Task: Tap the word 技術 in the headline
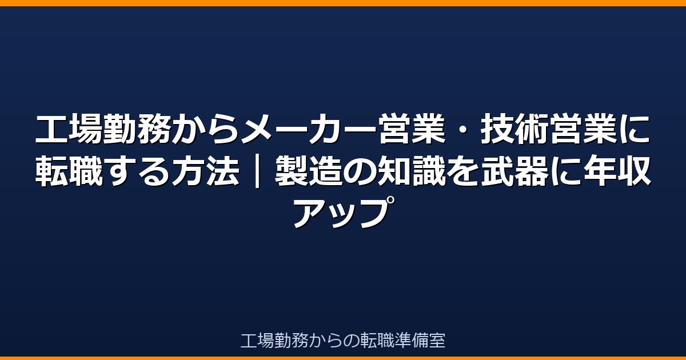(x=513, y=129)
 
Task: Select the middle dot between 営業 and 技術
(x=462, y=129)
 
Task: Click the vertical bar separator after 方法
(x=257, y=171)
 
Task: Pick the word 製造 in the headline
(x=308, y=171)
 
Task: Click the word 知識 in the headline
(x=411, y=171)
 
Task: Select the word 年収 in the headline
(x=617, y=171)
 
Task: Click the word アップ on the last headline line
(x=344, y=213)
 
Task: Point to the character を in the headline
(x=462, y=171)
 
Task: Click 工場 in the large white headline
(x=68, y=129)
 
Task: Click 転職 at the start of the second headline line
(x=68, y=171)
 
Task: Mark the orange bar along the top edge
(x=343, y=3)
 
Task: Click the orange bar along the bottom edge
(x=343, y=358)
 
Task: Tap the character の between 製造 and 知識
(x=360, y=171)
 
